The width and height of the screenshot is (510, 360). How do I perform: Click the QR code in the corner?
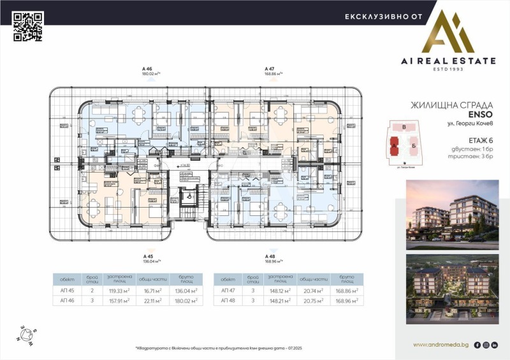(27, 27)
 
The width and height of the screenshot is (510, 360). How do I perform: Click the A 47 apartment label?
(270, 68)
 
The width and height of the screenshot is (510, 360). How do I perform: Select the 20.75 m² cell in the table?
(314, 301)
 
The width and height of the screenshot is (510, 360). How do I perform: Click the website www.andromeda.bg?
(441, 345)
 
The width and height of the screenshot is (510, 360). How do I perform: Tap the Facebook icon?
(477, 345)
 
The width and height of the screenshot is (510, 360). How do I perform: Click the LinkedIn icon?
(495, 345)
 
